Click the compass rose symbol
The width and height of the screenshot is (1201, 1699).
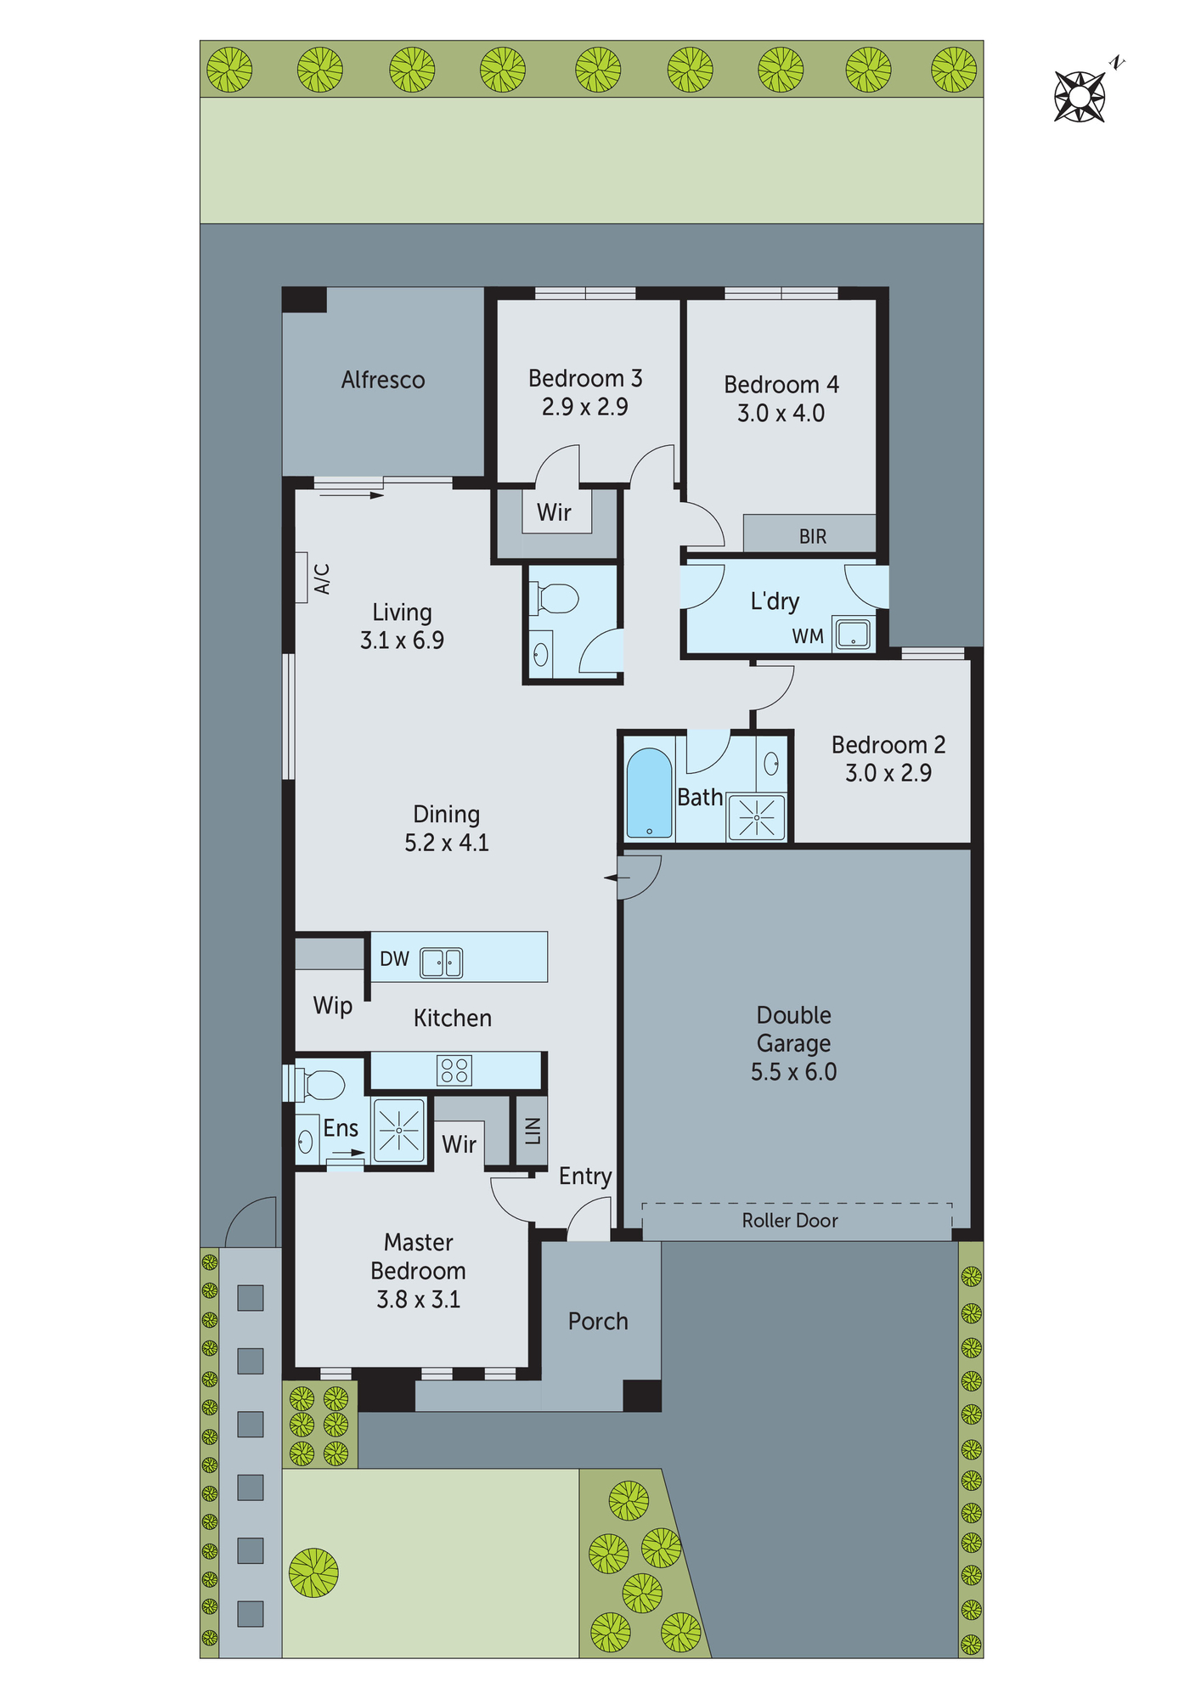(x=1080, y=97)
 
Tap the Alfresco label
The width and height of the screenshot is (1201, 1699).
(x=383, y=380)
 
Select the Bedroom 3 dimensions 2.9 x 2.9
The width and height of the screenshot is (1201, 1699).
(x=584, y=407)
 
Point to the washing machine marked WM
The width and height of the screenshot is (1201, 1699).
(x=852, y=634)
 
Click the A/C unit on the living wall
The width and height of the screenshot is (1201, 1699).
(x=302, y=578)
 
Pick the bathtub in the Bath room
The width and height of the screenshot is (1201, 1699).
(x=649, y=793)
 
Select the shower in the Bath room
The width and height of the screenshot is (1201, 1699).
(x=756, y=817)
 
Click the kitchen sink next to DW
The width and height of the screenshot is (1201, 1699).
(x=442, y=962)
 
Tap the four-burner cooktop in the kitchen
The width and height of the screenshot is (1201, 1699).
(x=454, y=1070)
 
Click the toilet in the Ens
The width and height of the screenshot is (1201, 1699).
(x=320, y=1085)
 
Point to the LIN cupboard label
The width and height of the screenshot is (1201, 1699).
(x=533, y=1130)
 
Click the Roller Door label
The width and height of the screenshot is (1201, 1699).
(x=790, y=1221)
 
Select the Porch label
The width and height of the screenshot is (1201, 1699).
(x=598, y=1321)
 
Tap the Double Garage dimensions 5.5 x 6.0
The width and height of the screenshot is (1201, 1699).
(x=793, y=1072)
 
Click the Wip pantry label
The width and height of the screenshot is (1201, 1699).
(x=332, y=1006)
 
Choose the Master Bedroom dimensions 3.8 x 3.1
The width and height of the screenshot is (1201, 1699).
(x=418, y=1299)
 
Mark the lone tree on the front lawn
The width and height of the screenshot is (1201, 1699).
(x=313, y=1572)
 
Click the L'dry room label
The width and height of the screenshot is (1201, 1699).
(x=775, y=601)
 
